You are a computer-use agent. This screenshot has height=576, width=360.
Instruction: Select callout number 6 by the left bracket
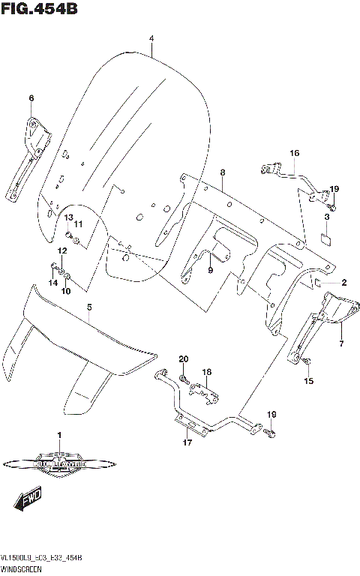click(31, 98)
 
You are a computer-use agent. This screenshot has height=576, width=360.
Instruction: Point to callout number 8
click(222, 173)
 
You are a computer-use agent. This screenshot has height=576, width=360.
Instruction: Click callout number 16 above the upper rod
click(295, 153)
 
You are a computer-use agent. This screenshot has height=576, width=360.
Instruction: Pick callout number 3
click(326, 217)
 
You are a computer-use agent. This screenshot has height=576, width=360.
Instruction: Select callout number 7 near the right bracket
click(341, 343)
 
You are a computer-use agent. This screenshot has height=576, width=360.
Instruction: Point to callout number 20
click(183, 359)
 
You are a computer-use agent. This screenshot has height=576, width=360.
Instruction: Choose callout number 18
click(206, 371)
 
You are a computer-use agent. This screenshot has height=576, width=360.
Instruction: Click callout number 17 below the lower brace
click(187, 442)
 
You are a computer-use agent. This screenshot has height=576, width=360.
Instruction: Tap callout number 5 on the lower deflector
click(88, 307)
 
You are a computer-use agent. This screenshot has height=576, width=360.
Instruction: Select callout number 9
click(210, 270)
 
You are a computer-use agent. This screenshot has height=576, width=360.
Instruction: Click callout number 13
click(67, 217)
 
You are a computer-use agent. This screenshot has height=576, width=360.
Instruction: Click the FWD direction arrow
click(30, 496)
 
